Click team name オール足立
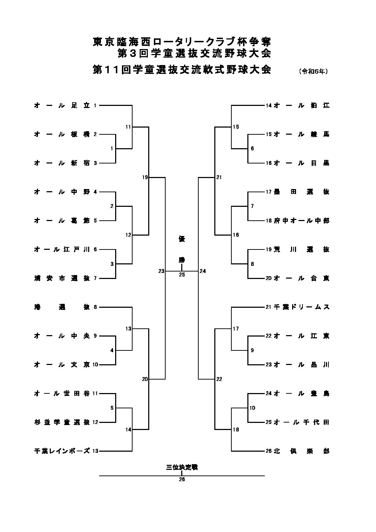point(62,106)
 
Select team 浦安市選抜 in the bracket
point(62,278)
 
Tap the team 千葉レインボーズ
point(62,451)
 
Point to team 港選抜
point(62,307)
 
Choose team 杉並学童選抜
point(62,422)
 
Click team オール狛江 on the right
point(302,106)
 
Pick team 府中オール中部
point(302,221)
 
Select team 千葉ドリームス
point(302,307)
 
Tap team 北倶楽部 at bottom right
point(302,451)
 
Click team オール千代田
point(302,422)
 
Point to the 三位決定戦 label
point(182,467)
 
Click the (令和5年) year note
point(313,71)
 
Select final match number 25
point(182,274)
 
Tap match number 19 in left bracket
point(145,177)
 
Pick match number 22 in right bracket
point(219,379)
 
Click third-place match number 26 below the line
point(182,479)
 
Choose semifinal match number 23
point(161,271)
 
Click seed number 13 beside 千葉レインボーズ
point(95,451)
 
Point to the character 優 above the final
point(182,239)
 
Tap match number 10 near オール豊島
point(252,408)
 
